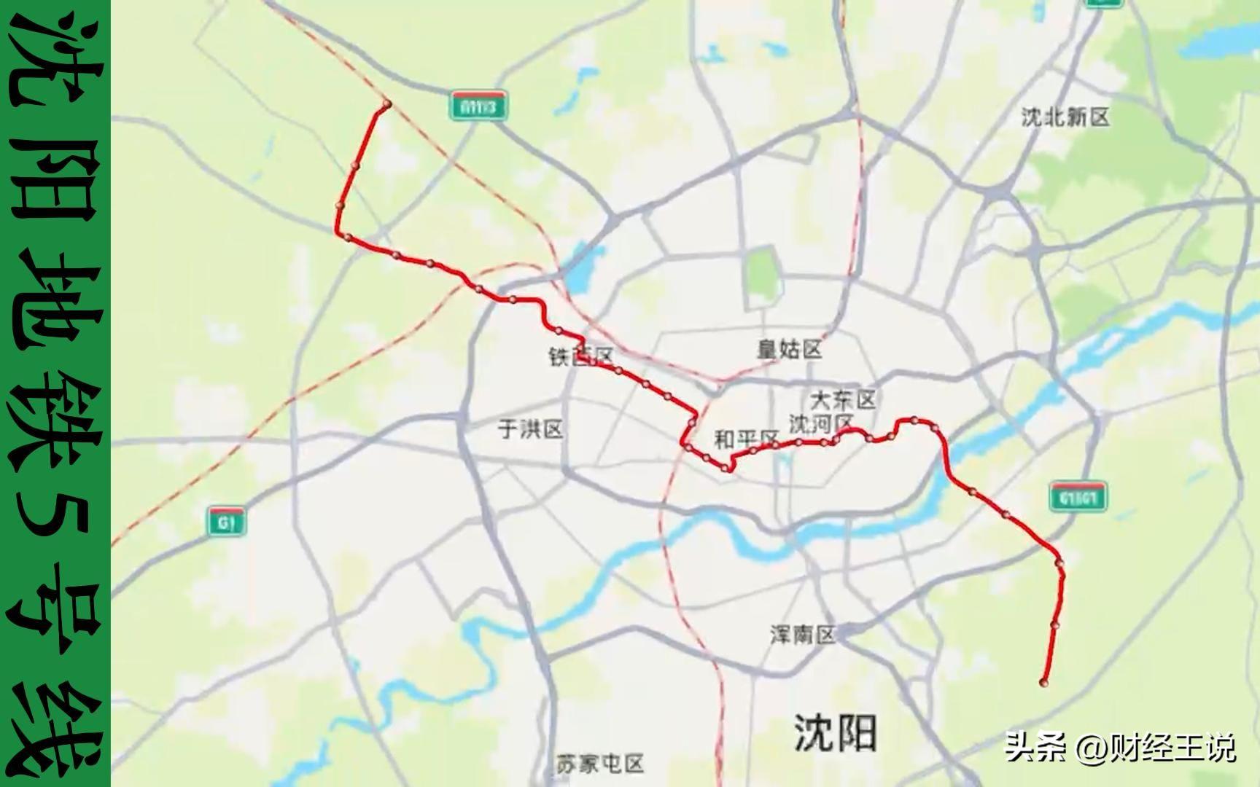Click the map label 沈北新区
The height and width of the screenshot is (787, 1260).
pyautogui.click(x=1065, y=117)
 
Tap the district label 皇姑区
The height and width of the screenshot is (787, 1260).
pyautogui.click(x=789, y=350)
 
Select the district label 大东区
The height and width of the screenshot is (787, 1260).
pyautogui.click(x=843, y=399)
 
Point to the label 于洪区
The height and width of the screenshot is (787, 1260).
pyautogui.click(x=530, y=429)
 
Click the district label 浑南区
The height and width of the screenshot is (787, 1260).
pyautogui.click(x=803, y=635)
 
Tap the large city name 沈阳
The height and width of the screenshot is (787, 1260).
pyautogui.click(x=835, y=732)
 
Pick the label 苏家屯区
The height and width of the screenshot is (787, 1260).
pyautogui.click(x=599, y=764)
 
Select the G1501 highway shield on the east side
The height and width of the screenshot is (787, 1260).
pyautogui.click(x=1078, y=497)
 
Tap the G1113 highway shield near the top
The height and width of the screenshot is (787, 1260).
pyautogui.click(x=478, y=107)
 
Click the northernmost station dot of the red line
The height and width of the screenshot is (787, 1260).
pyautogui.click(x=386, y=104)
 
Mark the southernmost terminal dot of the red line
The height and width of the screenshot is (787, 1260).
pyautogui.click(x=1043, y=683)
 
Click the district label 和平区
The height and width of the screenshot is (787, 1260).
pyautogui.click(x=746, y=439)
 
